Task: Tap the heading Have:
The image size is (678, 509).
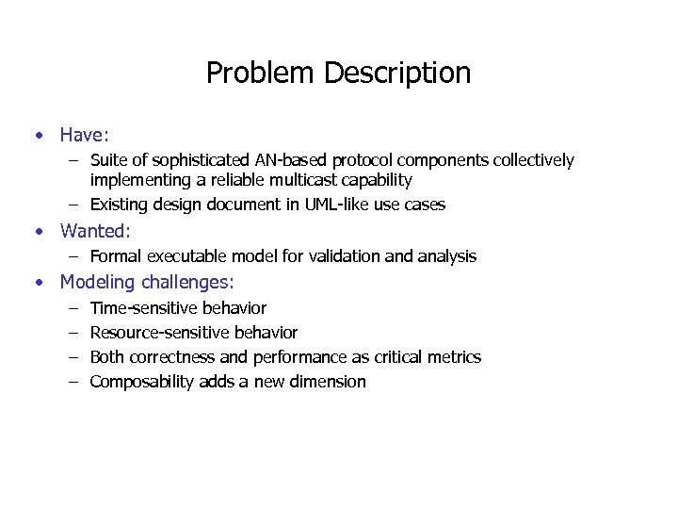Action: click(85, 135)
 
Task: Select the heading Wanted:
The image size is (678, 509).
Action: click(95, 231)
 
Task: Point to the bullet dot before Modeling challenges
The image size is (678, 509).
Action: click(39, 282)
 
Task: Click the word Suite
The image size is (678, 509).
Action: click(108, 160)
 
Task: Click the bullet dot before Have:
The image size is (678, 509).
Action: click(39, 135)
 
